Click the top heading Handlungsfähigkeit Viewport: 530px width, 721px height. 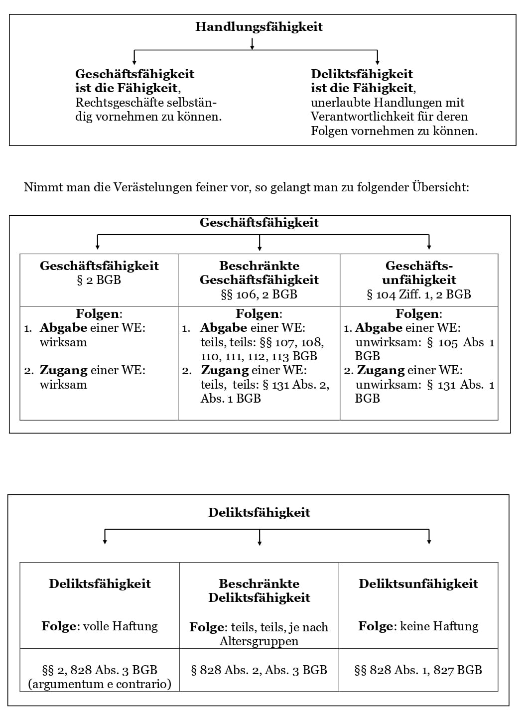click(259, 27)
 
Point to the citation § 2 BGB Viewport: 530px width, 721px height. click(99, 280)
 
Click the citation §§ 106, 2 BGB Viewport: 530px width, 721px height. click(259, 294)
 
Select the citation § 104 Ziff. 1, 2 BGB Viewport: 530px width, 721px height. click(418, 294)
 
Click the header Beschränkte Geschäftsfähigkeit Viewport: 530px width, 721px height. click(259, 273)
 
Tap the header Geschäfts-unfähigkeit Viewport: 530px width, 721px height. click(419, 273)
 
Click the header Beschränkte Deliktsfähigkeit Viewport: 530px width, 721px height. click(259, 590)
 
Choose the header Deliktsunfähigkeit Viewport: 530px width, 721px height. click(418, 583)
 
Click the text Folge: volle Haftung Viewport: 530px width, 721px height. click(100, 626)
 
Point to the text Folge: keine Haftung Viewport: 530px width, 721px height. click(418, 626)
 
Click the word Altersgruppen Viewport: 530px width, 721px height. click(259, 641)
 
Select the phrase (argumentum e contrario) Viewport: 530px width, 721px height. click(100, 684)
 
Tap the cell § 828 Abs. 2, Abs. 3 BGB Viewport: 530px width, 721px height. click(259, 670)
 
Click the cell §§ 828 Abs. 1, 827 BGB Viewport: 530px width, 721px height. click(418, 670)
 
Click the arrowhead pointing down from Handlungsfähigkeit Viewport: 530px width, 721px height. click(252, 47)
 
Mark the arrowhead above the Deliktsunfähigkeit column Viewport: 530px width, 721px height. click(429, 541)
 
